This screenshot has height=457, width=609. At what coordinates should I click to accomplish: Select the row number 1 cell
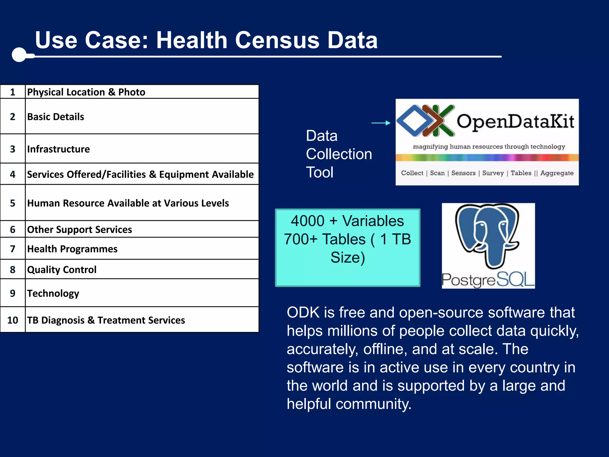(12, 92)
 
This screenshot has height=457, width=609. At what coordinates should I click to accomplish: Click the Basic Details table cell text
(56, 117)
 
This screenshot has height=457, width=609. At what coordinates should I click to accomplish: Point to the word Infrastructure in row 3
(58, 149)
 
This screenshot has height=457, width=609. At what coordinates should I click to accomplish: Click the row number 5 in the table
(12, 203)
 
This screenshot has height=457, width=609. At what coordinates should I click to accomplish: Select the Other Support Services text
(79, 229)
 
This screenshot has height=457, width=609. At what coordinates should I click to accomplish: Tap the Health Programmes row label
(72, 249)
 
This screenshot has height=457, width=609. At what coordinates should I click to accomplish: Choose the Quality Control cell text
(62, 270)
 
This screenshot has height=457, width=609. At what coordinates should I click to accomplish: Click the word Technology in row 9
(53, 293)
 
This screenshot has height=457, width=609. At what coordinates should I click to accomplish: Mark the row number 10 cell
(12, 320)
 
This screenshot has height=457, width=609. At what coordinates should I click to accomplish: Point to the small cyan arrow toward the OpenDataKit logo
(381, 123)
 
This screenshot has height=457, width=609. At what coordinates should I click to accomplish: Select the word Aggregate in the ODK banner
(557, 173)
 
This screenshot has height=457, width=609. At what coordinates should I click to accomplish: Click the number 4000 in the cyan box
(307, 221)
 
